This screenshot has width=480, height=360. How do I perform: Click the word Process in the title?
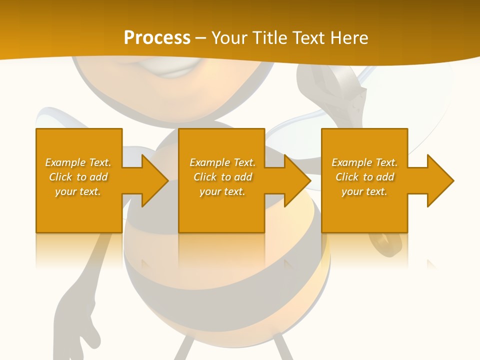(157, 38)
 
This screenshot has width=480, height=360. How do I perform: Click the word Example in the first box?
(65, 162)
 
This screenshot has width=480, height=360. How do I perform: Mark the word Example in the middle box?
(209, 162)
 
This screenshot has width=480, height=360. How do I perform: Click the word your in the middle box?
(210, 191)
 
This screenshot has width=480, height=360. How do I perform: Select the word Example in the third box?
(351, 162)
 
